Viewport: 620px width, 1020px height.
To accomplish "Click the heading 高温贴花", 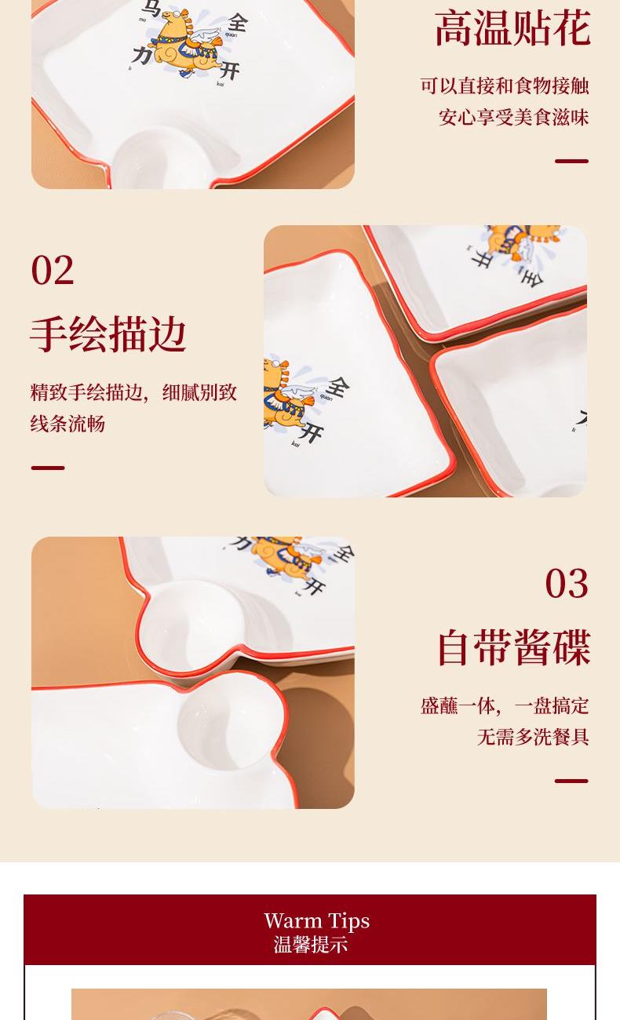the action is click(x=512, y=28).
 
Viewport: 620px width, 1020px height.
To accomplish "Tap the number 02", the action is click(x=53, y=270).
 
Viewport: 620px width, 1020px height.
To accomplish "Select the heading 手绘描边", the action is click(x=108, y=334).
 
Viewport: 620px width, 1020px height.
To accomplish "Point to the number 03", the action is click(x=567, y=583).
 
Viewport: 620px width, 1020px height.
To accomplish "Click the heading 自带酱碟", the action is click(x=514, y=647).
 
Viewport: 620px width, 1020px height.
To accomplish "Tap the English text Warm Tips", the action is click(x=316, y=920).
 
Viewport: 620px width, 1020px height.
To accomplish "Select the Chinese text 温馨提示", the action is click(x=311, y=945).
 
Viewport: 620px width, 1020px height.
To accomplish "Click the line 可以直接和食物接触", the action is click(x=505, y=86).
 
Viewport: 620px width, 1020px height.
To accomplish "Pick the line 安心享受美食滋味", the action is click(x=514, y=117).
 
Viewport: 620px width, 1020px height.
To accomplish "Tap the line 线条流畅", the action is click(x=67, y=424).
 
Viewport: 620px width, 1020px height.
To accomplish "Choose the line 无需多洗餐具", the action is click(x=533, y=736).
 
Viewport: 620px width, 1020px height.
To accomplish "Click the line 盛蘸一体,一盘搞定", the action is click(x=505, y=706).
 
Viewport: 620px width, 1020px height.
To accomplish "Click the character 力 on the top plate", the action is click(x=142, y=56).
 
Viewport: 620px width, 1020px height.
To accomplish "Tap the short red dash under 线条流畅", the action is click(x=48, y=468).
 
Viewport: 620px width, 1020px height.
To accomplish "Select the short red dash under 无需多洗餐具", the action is click(x=571, y=781).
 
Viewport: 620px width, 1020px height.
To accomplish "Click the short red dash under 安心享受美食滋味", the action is click(x=571, y=161).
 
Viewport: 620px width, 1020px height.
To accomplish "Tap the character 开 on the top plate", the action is click(x=229, y=71).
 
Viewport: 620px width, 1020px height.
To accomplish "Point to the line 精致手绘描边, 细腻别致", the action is click(x=133, y=392).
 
